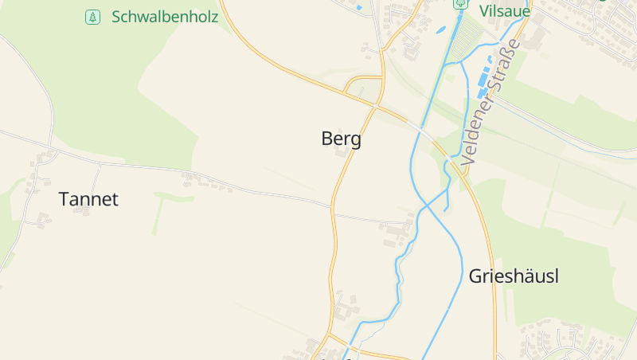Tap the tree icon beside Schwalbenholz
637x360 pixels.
click(93, 17)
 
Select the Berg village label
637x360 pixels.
click(341, 139)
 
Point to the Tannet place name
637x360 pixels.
click(88, 199)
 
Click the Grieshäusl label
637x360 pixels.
click(514, 276)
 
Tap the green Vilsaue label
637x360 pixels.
click(505, 10)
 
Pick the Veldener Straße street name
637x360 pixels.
click(490, 102)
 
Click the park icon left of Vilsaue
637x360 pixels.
click(459, 4)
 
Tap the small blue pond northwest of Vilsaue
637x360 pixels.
click(440, 30)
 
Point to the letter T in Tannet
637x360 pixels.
click(64, 199)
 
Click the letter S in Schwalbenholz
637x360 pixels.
click(116, 17)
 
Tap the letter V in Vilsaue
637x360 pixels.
click(484, 10)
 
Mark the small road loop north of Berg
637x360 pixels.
click(364, 86)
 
